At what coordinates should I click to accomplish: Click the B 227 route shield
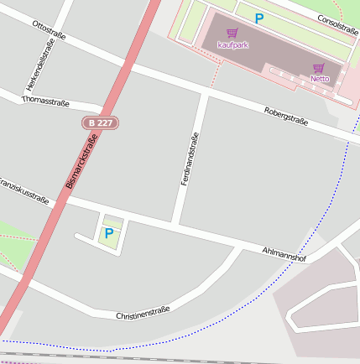(x=100, y=122)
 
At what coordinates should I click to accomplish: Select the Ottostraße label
(x=49, y=31)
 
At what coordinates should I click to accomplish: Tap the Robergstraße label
(x=286, y=117)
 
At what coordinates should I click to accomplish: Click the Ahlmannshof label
(x=284, y=254)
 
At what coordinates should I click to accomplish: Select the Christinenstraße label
(x=143, y=314)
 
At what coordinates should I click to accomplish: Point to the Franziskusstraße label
(x=23, y=190)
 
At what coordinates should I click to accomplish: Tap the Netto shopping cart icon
(x=319, y=68)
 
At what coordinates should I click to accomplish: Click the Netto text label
(x=319, y=79)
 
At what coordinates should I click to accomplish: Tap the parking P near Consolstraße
(x=259, y=18)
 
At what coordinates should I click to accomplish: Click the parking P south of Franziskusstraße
(x=108, y=232)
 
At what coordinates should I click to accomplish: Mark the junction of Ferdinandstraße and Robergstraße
(x=203, y=94)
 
